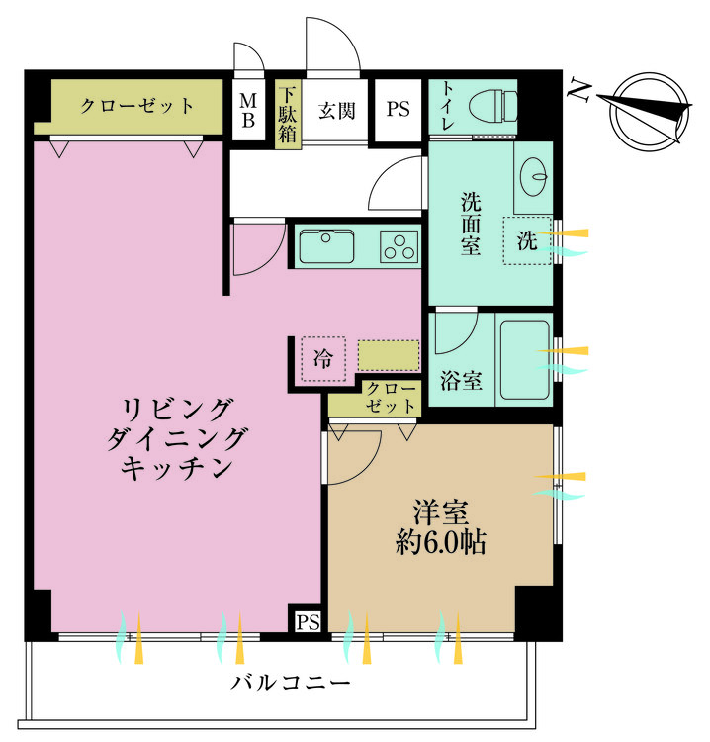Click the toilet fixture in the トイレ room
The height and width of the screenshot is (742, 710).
[493, 104]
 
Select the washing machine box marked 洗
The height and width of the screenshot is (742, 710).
[527, 239]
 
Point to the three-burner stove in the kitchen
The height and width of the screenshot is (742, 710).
[400, 246]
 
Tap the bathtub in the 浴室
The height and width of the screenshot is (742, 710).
[523, 360]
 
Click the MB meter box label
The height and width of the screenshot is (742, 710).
[248, 111]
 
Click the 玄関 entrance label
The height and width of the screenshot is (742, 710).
[336, 111]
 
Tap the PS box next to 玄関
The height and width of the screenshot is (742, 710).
[398, 111]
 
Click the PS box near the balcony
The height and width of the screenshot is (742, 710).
[308, 621]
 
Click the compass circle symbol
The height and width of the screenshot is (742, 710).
[648, 111]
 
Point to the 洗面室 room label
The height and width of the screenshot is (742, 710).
[471, 223]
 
